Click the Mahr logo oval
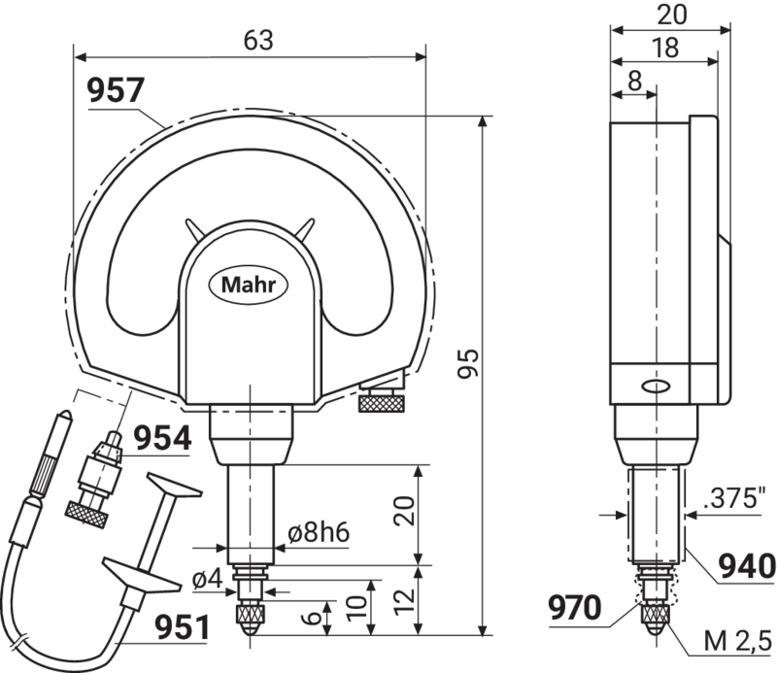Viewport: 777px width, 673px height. [249, 285]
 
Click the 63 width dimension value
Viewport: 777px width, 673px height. [258, 41]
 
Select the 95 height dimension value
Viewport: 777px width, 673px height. [468, 363]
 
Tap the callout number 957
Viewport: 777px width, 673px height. [115, 90]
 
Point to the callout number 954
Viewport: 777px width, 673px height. [163, 439]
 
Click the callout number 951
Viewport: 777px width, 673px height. [183, 627]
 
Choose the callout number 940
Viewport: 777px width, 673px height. [747, 566]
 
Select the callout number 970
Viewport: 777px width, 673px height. [575, 608]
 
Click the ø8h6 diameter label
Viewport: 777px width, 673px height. [319, 533]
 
